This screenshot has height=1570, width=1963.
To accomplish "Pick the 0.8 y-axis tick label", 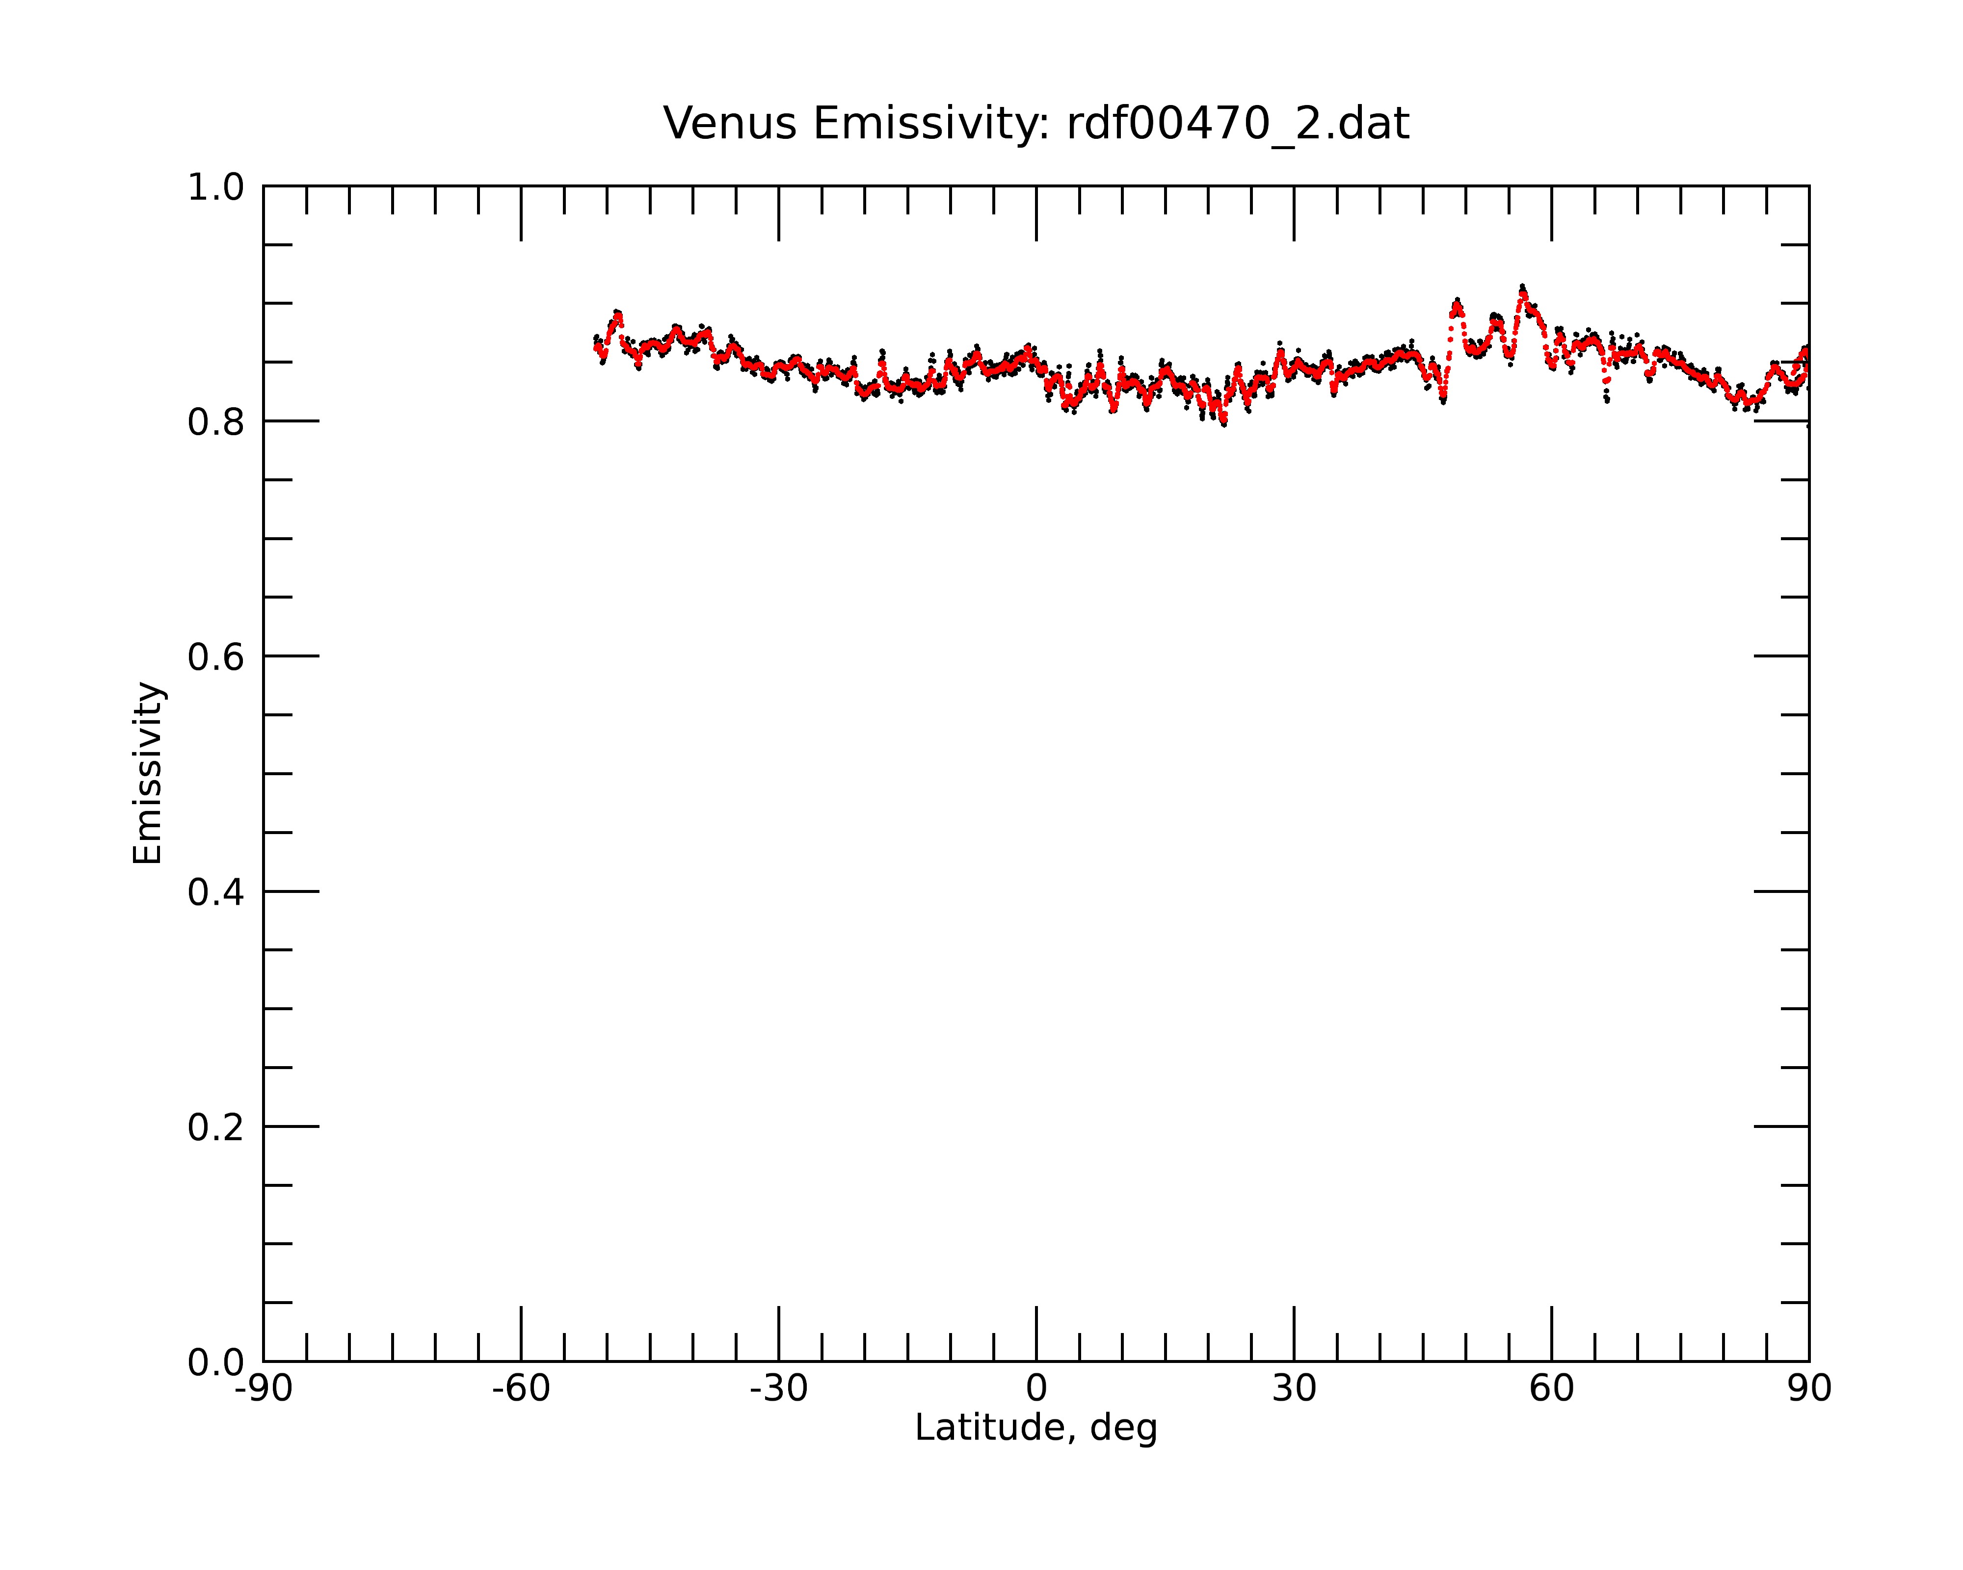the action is tap(216, 422).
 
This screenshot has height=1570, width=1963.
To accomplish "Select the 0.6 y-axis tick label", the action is tap(216, 657).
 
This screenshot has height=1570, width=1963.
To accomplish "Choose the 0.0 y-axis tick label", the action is tap(216, 1362).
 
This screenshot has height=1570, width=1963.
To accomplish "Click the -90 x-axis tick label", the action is tap(263, 1389).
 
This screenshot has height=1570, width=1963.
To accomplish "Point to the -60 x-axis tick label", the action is tap(521, 1389).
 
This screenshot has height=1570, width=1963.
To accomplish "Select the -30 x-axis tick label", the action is tap(778, 1389).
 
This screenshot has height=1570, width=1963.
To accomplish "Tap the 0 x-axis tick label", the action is tap(1036, 1389).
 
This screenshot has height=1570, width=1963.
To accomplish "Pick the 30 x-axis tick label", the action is tap(1294, 1389).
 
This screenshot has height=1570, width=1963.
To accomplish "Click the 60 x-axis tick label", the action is tap(1551, 1389).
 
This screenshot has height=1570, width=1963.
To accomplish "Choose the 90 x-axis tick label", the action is tap(1809, 1389).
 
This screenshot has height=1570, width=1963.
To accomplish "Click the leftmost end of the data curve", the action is tap(595, 344).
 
